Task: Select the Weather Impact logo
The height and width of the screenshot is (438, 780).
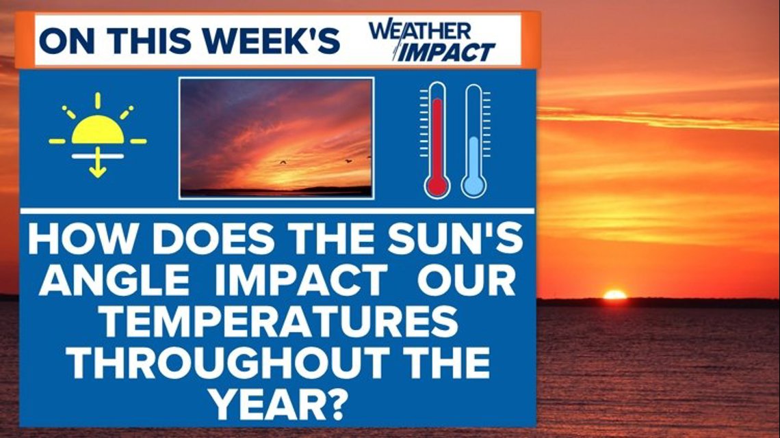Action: coord(431,42)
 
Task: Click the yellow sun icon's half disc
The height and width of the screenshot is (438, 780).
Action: coord(98,131)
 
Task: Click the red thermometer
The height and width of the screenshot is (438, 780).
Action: coord(436,140)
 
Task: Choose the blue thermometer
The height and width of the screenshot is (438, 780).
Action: coord(473,140)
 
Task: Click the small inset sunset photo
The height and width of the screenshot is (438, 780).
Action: coord(276,137)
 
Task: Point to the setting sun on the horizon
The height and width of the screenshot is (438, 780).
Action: coord(614,295)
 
